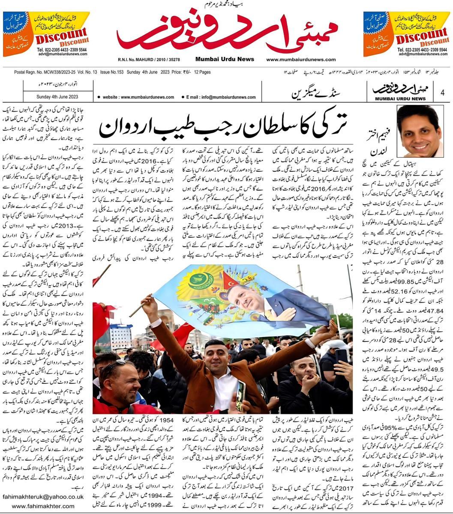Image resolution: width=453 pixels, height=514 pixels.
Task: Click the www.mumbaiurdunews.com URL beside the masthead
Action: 301,60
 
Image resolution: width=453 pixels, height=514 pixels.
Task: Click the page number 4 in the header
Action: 442,91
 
